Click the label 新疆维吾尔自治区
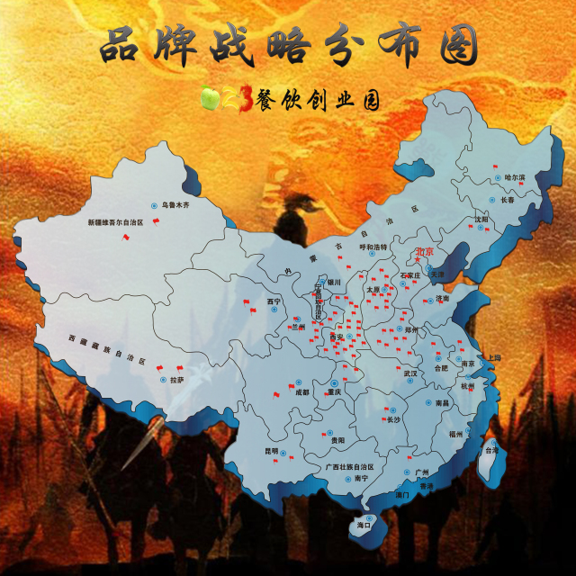click(x=115, y=221)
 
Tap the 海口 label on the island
click(x=364, y=524)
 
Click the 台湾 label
click(x=492, y=449)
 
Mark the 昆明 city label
click(x=247, y=450)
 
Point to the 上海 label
click(x=493, y=357)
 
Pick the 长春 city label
click(x=508, y=200)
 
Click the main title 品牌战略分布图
click(x=288, y=47)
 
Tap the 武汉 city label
click(x=411, y=373)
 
